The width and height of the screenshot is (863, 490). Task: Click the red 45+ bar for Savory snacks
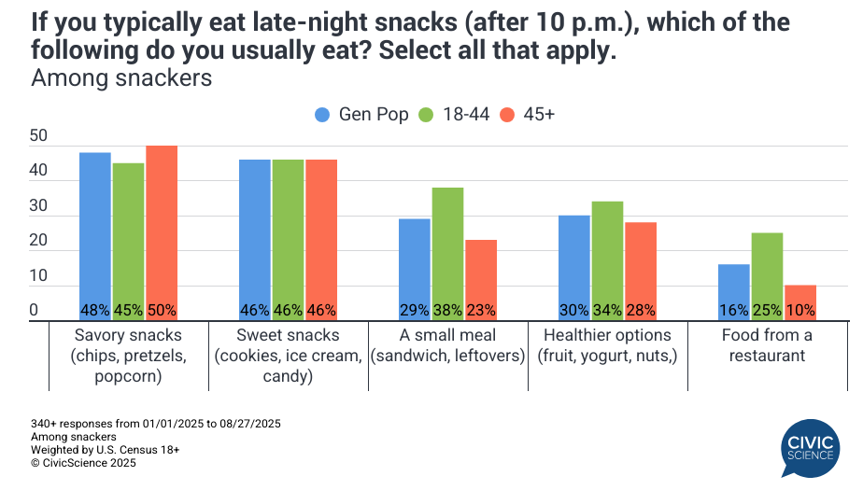[x=162, y=233]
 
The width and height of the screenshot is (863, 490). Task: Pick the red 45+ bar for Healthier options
[x=641, y=272]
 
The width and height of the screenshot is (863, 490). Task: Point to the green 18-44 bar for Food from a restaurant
[x=767, y=276]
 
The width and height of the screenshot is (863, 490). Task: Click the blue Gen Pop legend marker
[x=322, y=115]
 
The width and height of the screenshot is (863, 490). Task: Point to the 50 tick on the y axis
[x=38, y=136]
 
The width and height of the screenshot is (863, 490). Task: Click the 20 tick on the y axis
[x=38, y=241]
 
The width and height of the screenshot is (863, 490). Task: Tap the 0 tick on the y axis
[x=35, y=311]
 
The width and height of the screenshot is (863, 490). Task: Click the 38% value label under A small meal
[x=448, y=311]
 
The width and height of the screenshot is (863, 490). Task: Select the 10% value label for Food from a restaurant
[x=800, y=311]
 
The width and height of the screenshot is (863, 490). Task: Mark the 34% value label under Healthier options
[x=608, y=311]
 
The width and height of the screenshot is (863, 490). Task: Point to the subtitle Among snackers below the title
[x=121, y=78]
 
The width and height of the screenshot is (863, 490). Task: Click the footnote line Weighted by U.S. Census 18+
[x=105, y=449]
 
